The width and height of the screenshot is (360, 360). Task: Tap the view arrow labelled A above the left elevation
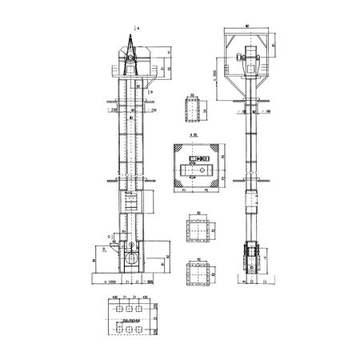[136, 28]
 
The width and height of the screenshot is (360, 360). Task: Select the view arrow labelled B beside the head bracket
[149, 93]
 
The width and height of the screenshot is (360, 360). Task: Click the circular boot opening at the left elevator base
[129, 259]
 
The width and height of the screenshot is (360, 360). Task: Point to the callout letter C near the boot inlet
[110, 237]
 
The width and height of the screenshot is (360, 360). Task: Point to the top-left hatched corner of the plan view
[178, 150]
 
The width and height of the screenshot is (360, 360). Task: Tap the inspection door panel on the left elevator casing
[128, 202]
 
